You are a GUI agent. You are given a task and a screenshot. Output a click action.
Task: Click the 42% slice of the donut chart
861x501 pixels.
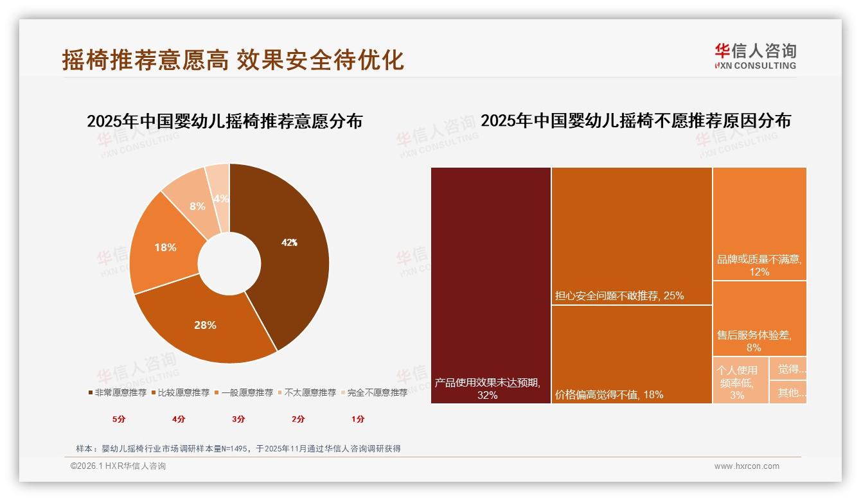point(289,243)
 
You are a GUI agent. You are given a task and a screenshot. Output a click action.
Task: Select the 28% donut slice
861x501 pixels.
point(205,325)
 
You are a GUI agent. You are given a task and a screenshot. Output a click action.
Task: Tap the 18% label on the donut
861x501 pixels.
point(165,247)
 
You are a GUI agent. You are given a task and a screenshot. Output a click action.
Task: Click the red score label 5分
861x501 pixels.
point(119,419)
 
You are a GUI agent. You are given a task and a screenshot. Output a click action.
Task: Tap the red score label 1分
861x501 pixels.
point(358,419)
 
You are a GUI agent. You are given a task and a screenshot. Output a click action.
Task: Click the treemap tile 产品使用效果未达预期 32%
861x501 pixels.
point(491,285)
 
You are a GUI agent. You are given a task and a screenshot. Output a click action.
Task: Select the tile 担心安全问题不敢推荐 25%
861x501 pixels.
point(632,236)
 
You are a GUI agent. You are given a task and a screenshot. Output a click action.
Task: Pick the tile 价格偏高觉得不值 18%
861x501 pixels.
point(632,354)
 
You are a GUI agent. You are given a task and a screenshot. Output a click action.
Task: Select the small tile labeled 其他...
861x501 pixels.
point(788,392)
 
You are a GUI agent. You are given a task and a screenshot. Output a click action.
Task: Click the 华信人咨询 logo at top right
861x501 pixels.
point(756,56)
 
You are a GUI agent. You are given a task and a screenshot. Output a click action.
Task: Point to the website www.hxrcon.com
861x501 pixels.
point(747,466)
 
